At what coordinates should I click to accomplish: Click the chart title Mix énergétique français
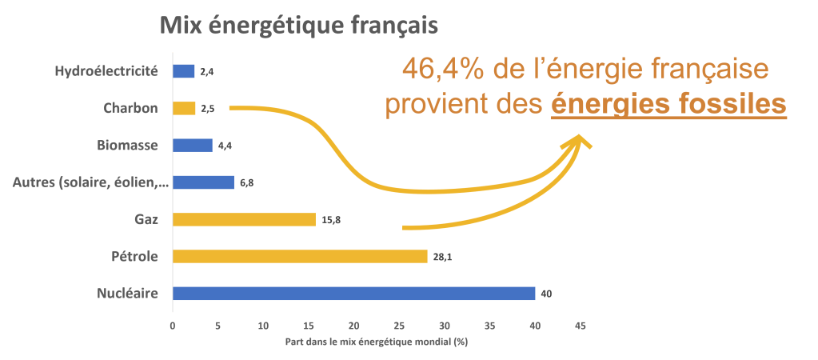[299, 26]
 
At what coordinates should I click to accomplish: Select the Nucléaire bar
[353, 294]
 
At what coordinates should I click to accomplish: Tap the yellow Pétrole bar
[300, 257]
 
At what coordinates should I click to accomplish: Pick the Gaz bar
[244, 219]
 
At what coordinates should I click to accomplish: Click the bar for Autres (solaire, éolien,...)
[203, 182]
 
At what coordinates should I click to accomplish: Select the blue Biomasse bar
[192, 146]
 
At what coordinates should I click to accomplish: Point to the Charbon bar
[184, 108]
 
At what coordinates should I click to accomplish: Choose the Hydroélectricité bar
[183, 71]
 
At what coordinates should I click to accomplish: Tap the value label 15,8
[331, 220]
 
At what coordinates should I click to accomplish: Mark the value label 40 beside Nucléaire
[547, 294]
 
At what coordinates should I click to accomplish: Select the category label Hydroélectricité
[106, 71]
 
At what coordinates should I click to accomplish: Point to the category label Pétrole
[134, 257]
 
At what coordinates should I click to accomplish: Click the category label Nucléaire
[128, 294]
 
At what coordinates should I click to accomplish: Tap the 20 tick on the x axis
[353, 326]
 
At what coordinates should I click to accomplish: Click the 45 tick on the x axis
[581, 326]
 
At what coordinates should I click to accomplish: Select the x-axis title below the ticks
[376, 341]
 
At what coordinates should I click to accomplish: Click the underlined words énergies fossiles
[668, 105]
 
